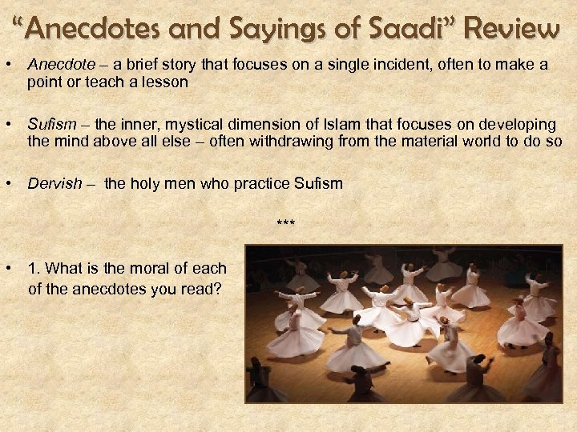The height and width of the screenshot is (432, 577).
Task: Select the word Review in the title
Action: click(513, 30)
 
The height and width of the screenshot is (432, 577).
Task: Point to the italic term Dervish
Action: click(54, 183)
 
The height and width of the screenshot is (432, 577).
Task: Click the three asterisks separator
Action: click(285, 222)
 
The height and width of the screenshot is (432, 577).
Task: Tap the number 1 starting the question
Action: click(33, 269)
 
